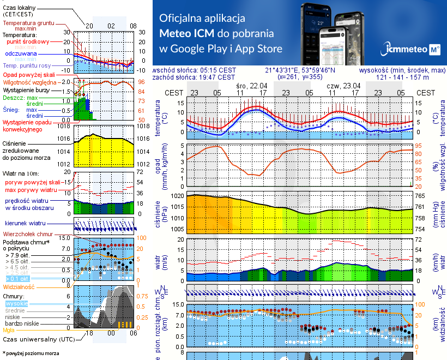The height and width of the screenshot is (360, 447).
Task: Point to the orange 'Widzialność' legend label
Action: (19, 286)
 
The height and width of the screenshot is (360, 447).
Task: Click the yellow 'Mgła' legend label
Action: (9, 330)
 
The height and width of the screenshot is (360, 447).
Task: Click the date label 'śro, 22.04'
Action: (251, 86)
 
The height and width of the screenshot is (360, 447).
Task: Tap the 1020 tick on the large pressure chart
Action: (177, 195)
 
